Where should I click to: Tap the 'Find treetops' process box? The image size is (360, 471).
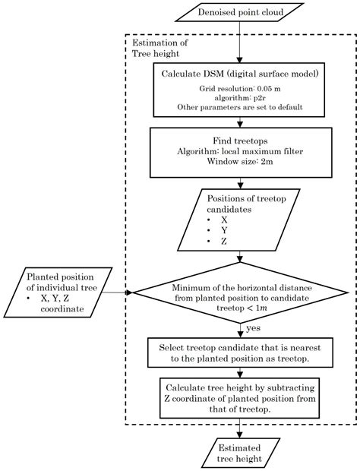(240, 152)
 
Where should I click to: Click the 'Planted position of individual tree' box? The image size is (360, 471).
(62, 292)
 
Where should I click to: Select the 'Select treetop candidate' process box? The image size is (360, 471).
(240, 352)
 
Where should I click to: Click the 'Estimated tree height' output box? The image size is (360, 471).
(240, 454)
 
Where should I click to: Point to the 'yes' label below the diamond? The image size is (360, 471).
(254, 328)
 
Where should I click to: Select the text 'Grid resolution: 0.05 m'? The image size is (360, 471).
(240, 88)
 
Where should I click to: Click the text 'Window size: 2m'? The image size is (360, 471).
(240, 161)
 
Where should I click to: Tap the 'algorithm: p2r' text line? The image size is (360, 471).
(240, 98)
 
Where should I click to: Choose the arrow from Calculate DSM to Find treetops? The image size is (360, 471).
(240, 122)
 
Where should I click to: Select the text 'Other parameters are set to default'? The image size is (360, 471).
(240, 108)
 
